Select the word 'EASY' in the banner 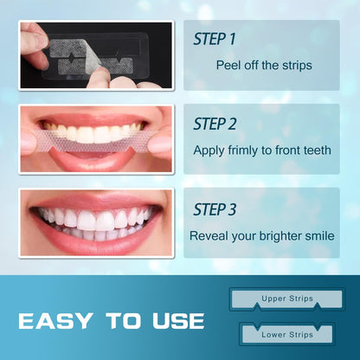(59, 321)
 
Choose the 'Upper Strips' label (286, 299)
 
